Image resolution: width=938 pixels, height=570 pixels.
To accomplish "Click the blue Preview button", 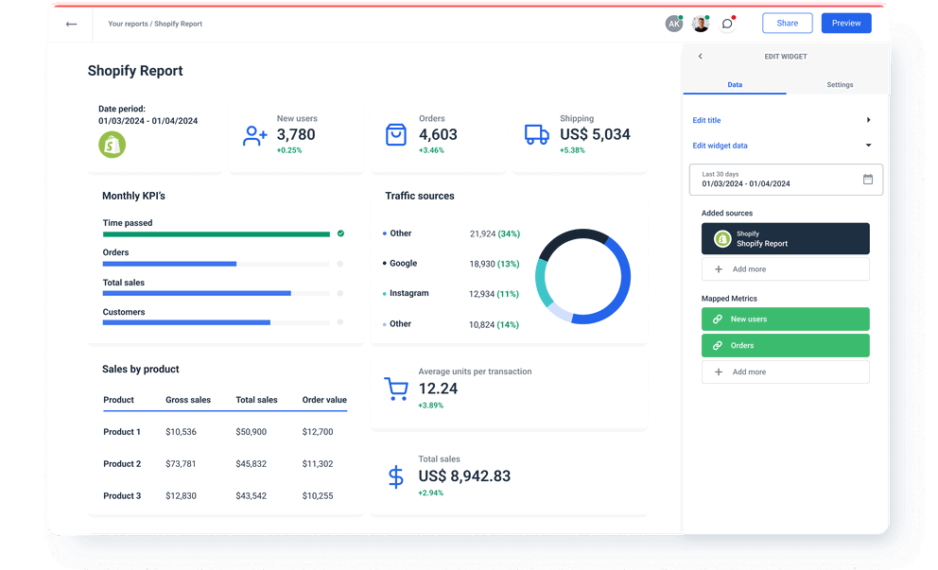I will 846,24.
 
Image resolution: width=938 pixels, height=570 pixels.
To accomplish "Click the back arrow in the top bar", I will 71,25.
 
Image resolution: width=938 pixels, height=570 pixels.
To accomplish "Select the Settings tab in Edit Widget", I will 839,85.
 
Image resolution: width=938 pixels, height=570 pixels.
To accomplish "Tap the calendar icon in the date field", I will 867,180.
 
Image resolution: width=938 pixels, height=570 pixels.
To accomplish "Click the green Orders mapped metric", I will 785,346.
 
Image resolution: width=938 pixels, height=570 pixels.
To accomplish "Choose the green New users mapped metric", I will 785,320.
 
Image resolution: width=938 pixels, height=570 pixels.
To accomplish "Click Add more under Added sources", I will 785,269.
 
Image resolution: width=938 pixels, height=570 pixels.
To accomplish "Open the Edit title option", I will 706,120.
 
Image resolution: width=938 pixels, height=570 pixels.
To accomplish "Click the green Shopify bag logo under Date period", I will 113,145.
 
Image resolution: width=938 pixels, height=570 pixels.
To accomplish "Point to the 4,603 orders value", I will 438,135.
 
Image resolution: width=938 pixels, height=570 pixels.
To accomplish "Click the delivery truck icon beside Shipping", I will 536,135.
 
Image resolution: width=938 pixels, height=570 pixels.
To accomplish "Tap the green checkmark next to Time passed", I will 340,233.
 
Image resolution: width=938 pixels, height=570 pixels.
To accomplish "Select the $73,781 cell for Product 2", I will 181,464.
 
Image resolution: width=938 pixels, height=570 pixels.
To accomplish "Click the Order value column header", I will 324,400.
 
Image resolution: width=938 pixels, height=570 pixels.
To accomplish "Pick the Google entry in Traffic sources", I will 403,264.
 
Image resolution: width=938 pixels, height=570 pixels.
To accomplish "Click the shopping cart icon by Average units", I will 395,389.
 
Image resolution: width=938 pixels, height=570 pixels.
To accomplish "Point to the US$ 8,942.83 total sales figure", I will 464,476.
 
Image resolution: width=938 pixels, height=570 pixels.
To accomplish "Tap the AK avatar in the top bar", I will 673,24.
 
